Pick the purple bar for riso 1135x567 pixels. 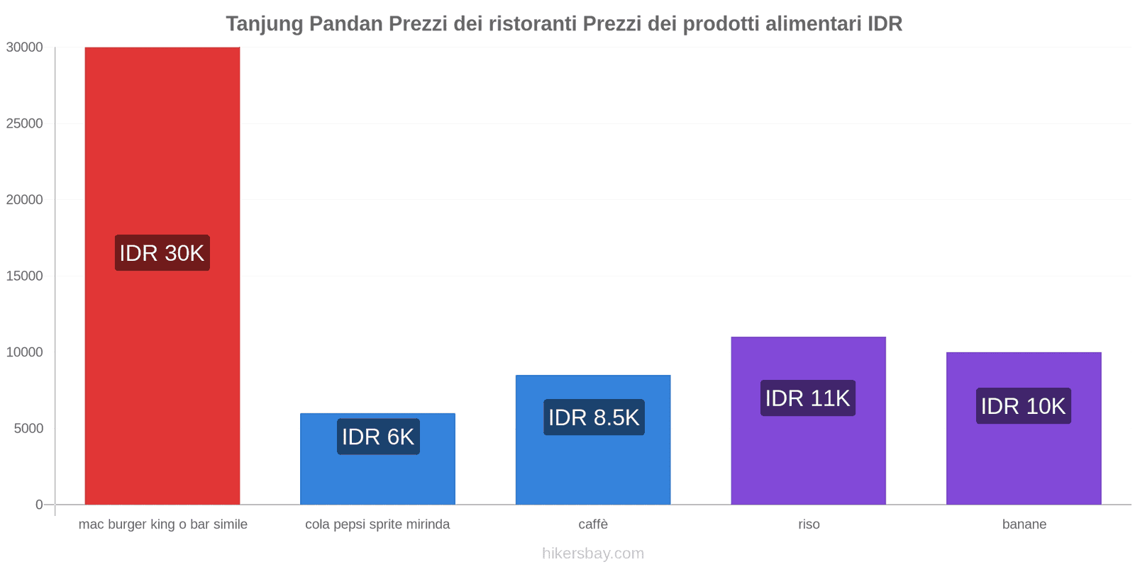click(808, 454)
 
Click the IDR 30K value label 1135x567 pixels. click(162, 253)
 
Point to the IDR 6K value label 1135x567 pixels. click(377, 437)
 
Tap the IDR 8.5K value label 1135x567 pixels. click(594, 417)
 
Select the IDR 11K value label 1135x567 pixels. click(807, 398)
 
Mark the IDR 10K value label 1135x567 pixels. click(1023, 406)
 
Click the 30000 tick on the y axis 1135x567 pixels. click(25, 47)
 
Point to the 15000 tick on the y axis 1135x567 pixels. click(25, 276)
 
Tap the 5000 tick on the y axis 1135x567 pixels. click(28, 428)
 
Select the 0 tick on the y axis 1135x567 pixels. click(39, 505)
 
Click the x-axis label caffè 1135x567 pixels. click(593, 524)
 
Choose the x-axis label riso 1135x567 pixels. click(809, 524)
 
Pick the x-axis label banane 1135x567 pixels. click(1024, 524)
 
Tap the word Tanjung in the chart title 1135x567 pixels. click(265, 24)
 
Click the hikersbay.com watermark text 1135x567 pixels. click(593, 554)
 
